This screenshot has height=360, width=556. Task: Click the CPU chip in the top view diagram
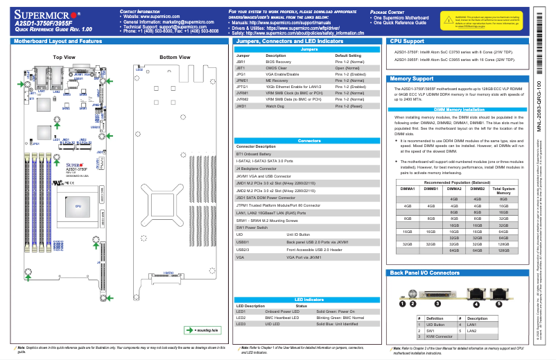[x=78, y=207]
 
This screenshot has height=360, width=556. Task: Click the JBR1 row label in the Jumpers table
[x=242, y=61]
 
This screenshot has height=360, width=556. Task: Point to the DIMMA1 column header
[x=408, y=188]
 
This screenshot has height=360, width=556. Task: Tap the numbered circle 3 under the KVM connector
[x=437, y=303]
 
